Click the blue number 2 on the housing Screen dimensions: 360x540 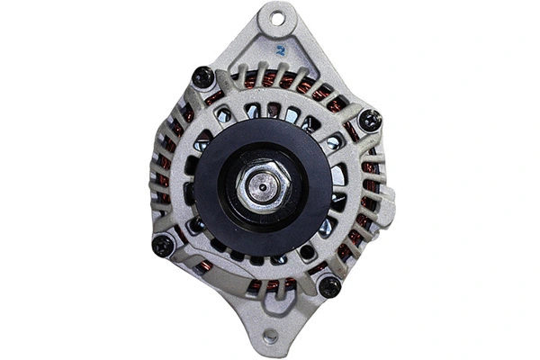tap(281, 51)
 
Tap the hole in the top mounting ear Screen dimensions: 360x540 tap(277, 18)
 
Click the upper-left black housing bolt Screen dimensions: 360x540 tap(203, 78)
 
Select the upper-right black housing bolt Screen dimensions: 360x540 tap(369, 118)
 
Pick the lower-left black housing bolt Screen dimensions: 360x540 tap(163, 245)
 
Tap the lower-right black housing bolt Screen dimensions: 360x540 tap(329, 286)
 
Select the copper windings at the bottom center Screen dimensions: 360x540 tap(270, 286)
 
